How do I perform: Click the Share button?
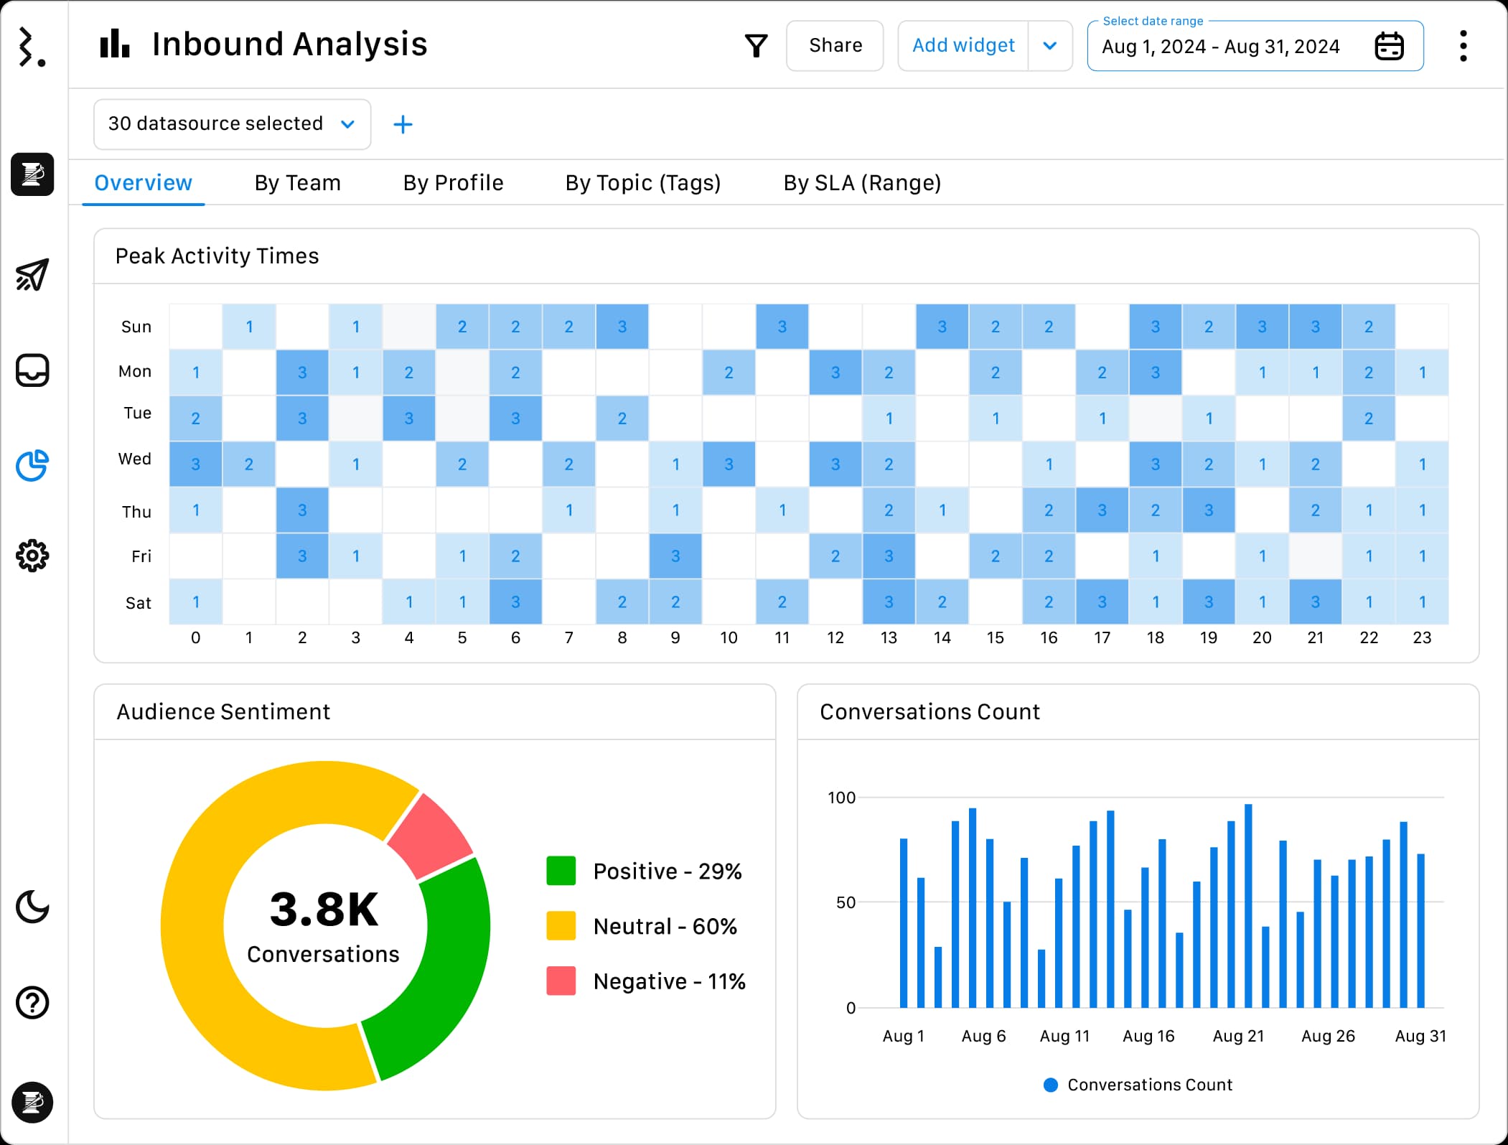pyautogui.click(x=835, y=46)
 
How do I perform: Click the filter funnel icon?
pyautogui.click(x=756, y=46)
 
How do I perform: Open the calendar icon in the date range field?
pyautogui.click(x=1389, y=47)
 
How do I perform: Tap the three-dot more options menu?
pyautogui.click(x=1463, y=47)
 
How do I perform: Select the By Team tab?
pyautogui.click(x=297, y=183)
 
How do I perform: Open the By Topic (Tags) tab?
pyautogui.click(x=642, y=183)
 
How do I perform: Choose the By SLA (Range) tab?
pyautogui.click(x=861, y=183)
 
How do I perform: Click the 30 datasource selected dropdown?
pyautogui.click(x=232, y=124)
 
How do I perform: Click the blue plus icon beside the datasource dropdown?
pyautogui.click(x=403, y=125)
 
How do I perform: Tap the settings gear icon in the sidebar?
pyautogui.click(x=32, y=556)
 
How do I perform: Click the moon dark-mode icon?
pyautogui.click(x=32, y=907)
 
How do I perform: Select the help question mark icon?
pyautogui.click(x=32, y=1003)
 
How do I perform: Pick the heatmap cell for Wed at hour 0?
pyautogui.click(x=195, y=464)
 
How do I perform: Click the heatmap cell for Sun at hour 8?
pyautogui.click(x=622, y=327)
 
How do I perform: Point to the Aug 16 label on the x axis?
pyautogui.click(x=1148, y=1036)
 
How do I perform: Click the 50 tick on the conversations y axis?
pyautogui.click(x=846, y=902)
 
